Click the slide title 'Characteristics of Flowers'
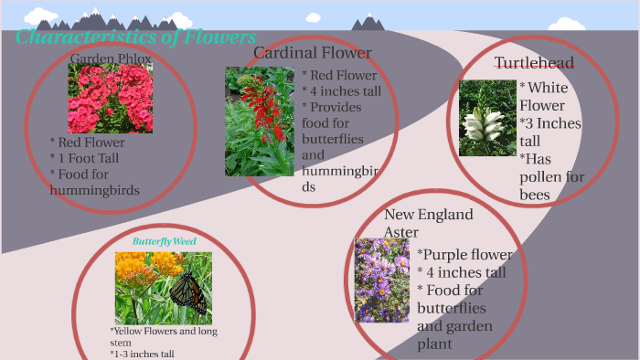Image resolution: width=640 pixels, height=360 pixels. coord(135,37)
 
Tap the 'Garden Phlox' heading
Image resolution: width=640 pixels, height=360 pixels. coord(111,59)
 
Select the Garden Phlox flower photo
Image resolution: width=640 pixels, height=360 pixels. coord(110,98)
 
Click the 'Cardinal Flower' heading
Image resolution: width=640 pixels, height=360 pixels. coord(313,52)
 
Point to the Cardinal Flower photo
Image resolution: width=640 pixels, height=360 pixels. coord(259,122)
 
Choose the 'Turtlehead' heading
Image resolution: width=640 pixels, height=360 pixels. coord(534,63)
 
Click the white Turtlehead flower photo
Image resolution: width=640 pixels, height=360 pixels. coord(487,118)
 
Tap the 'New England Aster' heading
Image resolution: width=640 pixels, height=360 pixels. coord(428,223)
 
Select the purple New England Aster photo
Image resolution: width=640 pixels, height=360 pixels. coord(382,280)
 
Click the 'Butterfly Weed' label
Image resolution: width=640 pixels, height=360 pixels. coord(164,241)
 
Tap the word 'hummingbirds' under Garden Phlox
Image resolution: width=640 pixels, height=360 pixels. coord(94,190)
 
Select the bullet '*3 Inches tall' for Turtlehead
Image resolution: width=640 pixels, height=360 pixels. coord(549,132)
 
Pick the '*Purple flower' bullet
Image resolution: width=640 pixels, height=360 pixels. coord(464,255)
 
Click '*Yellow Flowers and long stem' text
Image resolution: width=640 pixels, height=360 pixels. coord(164,336)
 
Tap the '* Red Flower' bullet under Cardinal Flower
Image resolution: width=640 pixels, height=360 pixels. coord(337,75)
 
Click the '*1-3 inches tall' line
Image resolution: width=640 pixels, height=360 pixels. coord(142,354)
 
